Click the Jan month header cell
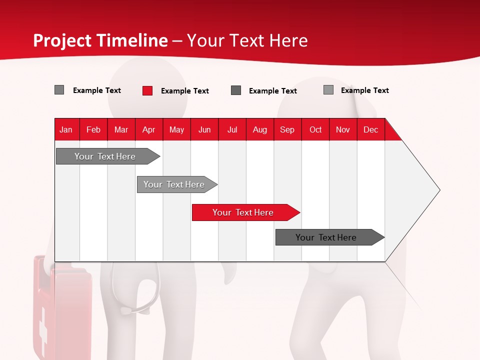pyautogui.click(x=66, y=129)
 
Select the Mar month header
pyautogui.click(x=121, y=129)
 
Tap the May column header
pyautogui.click(x=176, y=129)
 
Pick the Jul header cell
pyautogui.click(x=232, y=129)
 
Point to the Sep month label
pyautogui.click(x=287, y=129)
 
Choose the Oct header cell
pyautogui.click(x=315, y=129)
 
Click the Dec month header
pyautogui.click(x=370, y=129)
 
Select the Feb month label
pyautogui.click(x=93, y=129)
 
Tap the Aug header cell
pyautogui.click(x=259, y=129)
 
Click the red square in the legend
pyautogui.click(x=147, y=90)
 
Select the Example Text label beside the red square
pyautogui.click(x=184, y=91)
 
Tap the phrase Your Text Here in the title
pyautogui.click(x=247, y=40)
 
